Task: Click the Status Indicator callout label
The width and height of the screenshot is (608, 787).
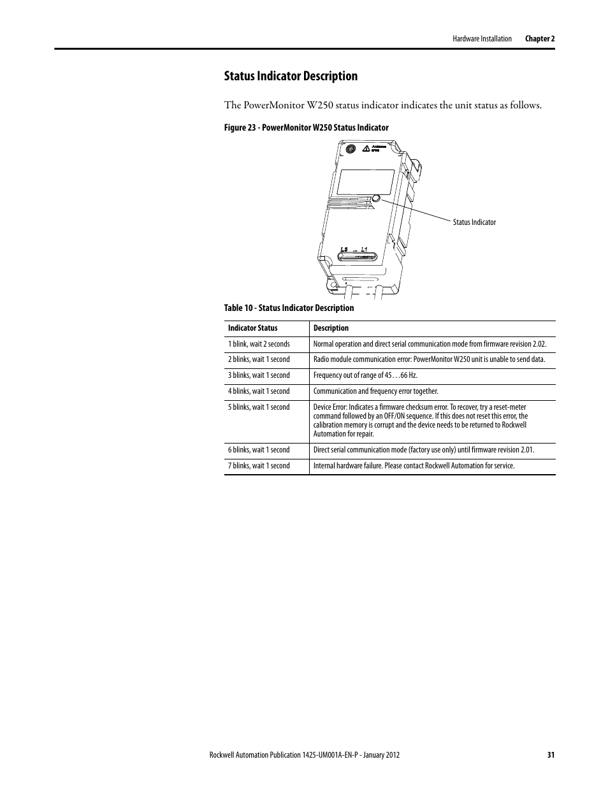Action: [x=474, y=222]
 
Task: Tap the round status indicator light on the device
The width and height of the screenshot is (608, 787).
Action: [x=376, y=199]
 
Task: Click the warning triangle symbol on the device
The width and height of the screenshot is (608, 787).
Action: [x=366, y=148]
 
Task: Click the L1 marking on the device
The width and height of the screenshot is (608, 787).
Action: [x=364, y=250]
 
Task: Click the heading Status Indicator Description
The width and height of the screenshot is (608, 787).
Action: [x=291, y=76]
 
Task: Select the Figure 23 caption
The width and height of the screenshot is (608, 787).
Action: [x=306, y=127]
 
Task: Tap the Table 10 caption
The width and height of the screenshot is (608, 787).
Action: [x=289, y=308]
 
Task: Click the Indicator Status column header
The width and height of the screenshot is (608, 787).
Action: [x=253, y=328]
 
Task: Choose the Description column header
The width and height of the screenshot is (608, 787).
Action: [x=331, y=328]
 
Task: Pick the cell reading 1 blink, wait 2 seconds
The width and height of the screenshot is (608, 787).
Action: [x=259, y=344]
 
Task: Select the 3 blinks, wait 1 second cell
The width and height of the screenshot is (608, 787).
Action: [x=259, y=375]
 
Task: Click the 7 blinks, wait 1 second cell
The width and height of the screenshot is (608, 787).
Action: [x=259, y=466]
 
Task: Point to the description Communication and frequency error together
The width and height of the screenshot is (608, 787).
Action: [x=376, y=391]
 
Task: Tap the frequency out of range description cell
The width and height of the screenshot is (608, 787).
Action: [x=365, y=375]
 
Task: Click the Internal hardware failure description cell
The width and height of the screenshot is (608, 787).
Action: [x=414, y=466]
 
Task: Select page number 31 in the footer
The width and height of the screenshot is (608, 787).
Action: [x=551, y=755]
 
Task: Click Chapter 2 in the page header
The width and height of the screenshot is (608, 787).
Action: [x=540, y=39]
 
